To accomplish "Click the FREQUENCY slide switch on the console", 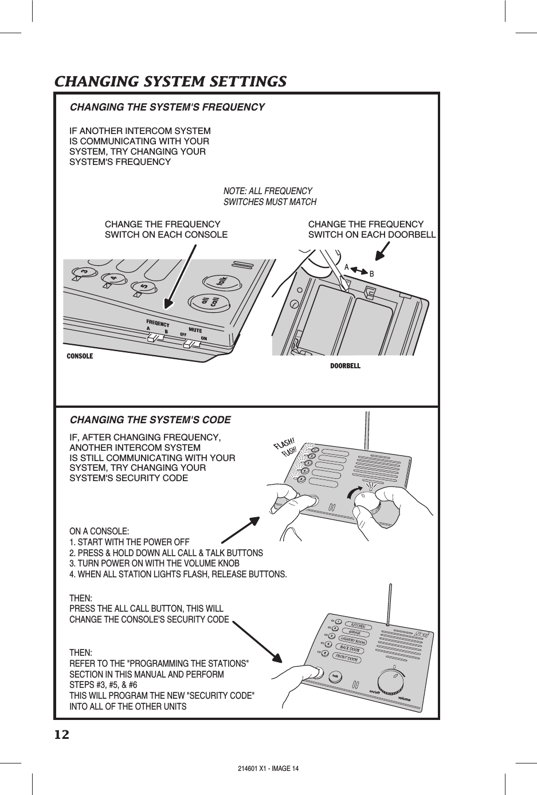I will (x=155, y=338).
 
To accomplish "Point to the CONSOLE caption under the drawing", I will (x=80, y=356).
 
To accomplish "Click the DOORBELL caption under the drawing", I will (x=346, y=365).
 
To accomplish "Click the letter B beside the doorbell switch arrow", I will (x=371, y=274).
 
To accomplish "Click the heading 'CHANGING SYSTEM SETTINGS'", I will (x=170, y=81).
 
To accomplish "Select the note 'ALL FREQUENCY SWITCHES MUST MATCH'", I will (x=269, y=196).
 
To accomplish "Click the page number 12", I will (x=61, y=735).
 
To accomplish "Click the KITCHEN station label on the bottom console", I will (x=358, y=625).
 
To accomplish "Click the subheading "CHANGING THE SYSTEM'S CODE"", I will (x=150, y=420).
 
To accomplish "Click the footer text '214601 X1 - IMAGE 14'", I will (x=268, y=768).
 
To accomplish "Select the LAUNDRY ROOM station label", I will (x=353, y=641).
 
